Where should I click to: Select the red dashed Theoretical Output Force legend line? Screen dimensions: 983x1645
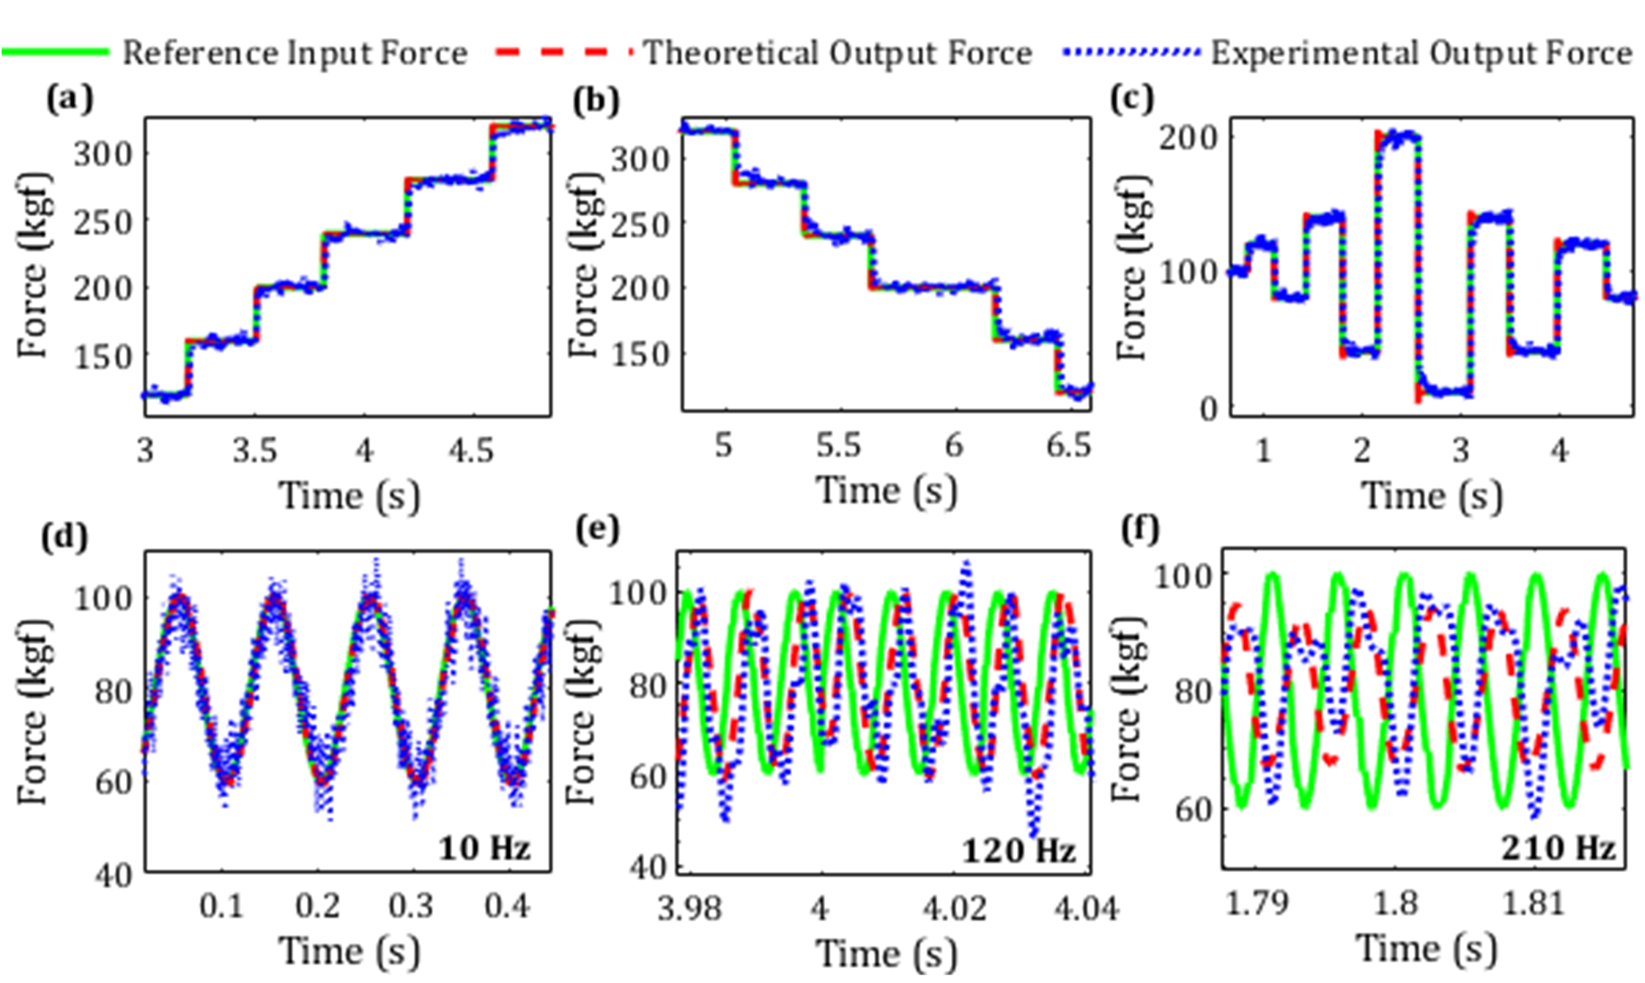565,52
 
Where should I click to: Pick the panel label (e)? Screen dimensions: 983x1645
598,530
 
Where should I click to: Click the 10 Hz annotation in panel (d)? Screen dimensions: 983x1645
484,847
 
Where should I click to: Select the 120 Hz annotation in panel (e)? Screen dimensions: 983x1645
1018,850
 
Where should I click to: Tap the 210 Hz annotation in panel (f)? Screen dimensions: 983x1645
1558,848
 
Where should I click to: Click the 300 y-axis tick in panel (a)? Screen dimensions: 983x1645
104,154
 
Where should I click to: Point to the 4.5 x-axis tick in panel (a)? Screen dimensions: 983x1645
471,450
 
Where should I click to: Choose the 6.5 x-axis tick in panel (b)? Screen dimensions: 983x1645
1068,444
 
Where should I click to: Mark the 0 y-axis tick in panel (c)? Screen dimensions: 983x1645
1209,410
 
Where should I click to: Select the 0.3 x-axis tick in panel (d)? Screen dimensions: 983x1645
411,907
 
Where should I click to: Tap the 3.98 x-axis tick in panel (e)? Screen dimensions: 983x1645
689,908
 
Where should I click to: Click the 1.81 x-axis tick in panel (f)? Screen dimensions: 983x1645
1533,903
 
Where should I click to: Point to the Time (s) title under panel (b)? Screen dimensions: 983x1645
887,489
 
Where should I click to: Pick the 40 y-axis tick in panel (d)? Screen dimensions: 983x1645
113,875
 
